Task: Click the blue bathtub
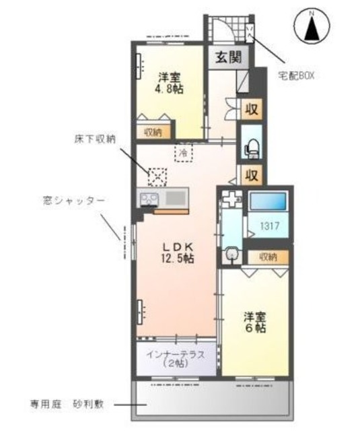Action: click(268, 201)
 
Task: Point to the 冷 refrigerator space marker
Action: click(183, 154)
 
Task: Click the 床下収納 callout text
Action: click(94, 139)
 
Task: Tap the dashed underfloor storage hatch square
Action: click(157, 176)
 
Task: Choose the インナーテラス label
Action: click(176, 353)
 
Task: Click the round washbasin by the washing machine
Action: click(232, 255)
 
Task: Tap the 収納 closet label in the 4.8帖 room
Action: click(153, 132)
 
